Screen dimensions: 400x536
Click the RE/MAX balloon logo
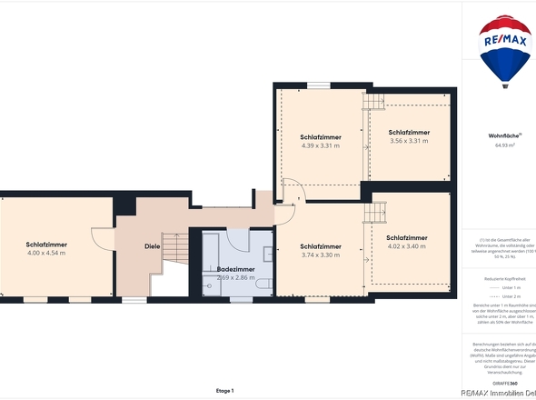click(506, 50)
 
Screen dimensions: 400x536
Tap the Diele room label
click(153, 245)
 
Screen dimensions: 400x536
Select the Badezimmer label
click(235, 269)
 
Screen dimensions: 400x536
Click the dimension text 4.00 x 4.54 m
click(45, 254)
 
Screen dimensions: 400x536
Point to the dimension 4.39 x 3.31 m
click(320, 145)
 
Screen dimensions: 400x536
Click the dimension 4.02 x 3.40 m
click(406, 246)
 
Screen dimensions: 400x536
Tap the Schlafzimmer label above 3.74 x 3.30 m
click(320, 246)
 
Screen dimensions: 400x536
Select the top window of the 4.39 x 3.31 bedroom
click(319, 85)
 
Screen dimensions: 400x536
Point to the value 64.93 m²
click(505, 145)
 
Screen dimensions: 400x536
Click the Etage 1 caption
click(224, 390)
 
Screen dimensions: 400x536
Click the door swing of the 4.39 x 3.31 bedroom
click(292, 194)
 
